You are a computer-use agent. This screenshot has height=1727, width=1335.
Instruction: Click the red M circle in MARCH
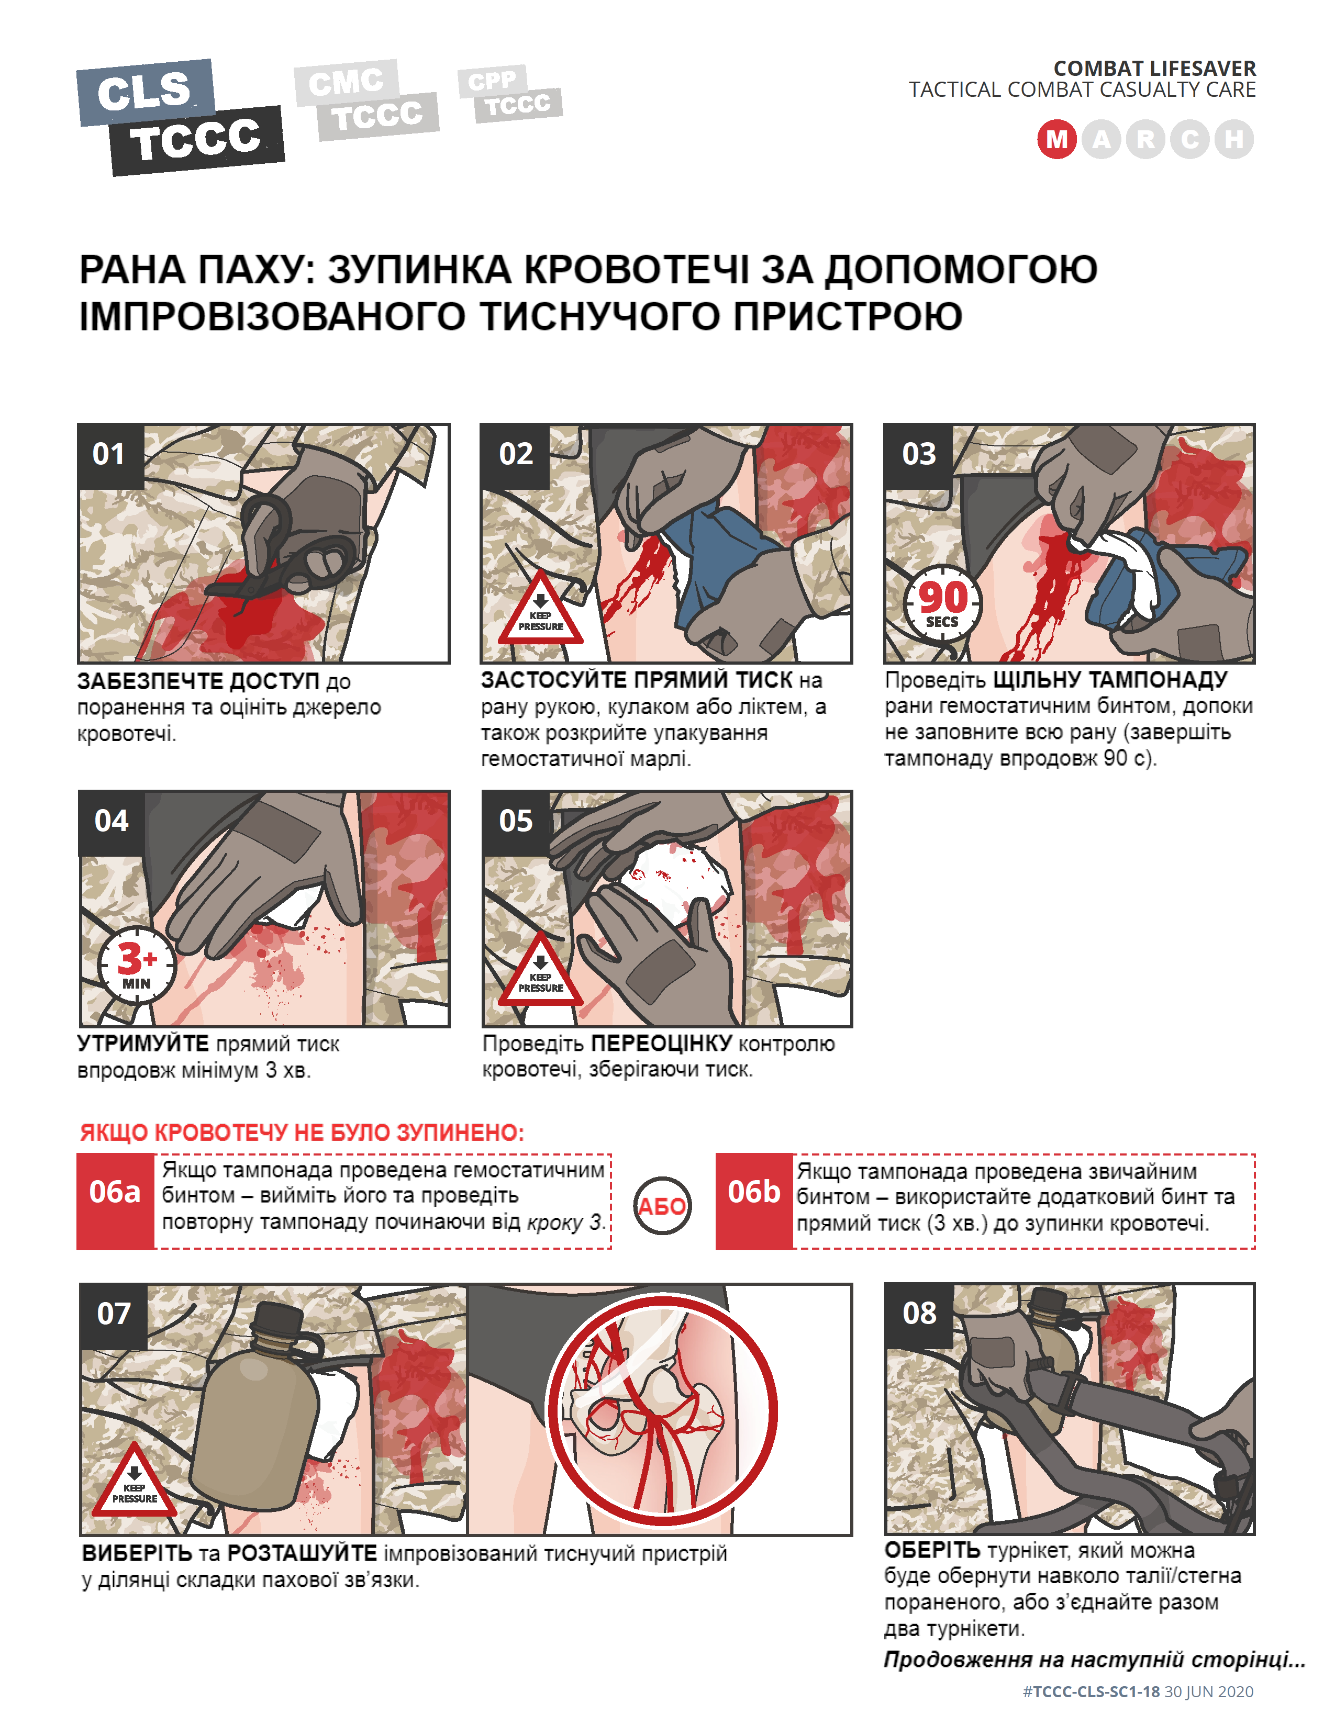tap(1056, 139)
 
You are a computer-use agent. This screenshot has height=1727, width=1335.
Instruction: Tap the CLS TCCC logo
tap(180, 117)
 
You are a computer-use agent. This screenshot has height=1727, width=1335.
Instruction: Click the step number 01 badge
tap(110, 455)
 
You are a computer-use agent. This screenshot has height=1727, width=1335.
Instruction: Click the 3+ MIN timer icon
tap(136, 965)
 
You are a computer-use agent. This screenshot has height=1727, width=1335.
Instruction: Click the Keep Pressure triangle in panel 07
tap(135, 1481)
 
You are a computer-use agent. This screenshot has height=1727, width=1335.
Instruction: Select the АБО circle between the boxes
tap(663, 1205)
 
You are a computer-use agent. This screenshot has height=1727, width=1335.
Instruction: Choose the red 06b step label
tap(754, 1201)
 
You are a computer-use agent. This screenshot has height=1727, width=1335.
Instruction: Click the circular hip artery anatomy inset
tap(663, 1411)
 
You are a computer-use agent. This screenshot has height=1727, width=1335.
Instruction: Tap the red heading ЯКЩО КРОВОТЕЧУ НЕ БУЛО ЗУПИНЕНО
tap(302, 1132)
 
